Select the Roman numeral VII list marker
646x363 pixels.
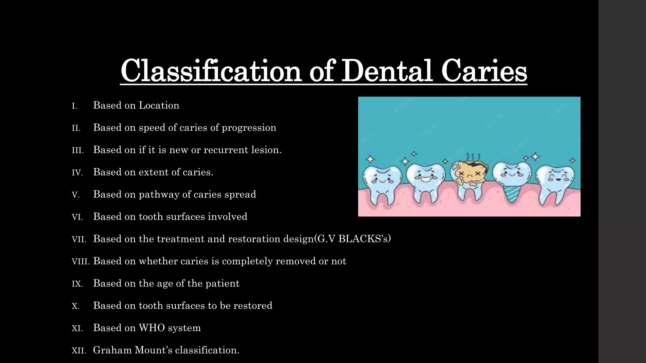(79, 239)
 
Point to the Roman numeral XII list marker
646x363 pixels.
(79, 351)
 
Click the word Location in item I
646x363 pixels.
(159, 105)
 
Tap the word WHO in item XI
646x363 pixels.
(152, 328)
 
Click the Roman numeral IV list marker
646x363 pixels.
(77, 173)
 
